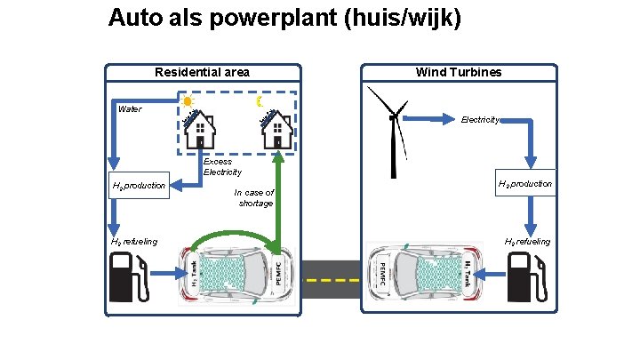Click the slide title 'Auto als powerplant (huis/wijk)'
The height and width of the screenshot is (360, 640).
coord(284,18)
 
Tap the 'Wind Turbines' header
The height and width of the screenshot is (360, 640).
coord(459,72)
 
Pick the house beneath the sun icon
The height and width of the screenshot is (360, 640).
coord(201,131)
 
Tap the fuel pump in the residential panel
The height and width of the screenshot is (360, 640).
coord(128,276)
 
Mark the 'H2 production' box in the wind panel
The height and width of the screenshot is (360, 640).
coord(525,184)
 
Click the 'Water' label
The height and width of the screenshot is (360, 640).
coord(130,109)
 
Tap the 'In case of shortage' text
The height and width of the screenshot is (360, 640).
coord(254,197)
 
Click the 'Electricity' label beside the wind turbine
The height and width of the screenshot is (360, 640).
coord(480,119)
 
